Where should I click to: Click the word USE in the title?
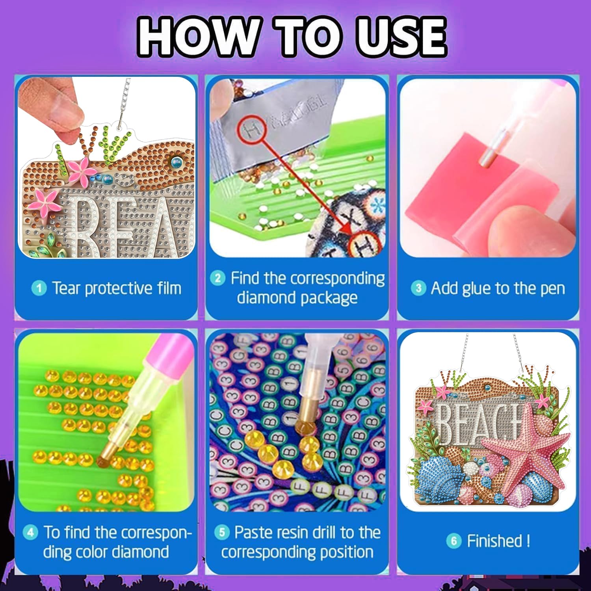[401, 36]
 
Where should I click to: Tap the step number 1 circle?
[39, 288]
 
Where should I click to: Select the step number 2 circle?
[217, 278]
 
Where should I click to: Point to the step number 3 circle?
[418, 288]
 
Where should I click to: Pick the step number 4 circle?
[30, 533]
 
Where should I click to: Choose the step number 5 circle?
[222, 533]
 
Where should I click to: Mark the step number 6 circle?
[453, 541]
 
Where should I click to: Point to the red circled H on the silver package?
[249, 129]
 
